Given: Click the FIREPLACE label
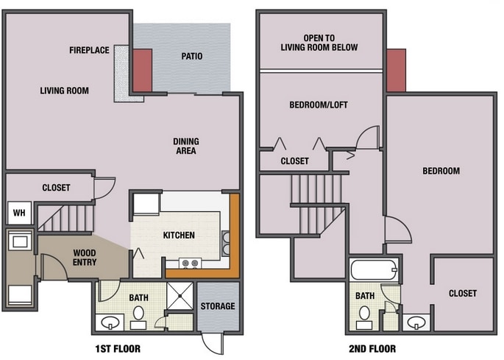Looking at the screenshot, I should (x=89, y=50).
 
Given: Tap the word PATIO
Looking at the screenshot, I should (x=192, y=56).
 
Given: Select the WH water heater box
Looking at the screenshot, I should (x=18, y=213).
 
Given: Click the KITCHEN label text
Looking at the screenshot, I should (x=179, y=236).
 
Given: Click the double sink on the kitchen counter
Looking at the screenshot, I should (x=226, y=242).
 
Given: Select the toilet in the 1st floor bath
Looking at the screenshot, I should (x=138, y=315).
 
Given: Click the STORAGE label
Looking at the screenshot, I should (x=218, y=306).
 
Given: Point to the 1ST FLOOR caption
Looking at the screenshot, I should (x=118, y=349).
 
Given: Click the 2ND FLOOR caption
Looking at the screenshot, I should (x=373, y=349).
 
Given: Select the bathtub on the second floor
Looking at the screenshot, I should (x=375, y=269).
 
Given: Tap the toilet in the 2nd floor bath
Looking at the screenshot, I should (x=363, y=315).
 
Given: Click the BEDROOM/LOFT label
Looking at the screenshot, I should (x=318, y=105).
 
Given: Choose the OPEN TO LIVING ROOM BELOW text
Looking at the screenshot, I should (x=319, y=43).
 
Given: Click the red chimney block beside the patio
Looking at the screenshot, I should (x=142, y=70).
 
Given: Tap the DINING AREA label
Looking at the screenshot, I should (x=186, y=146).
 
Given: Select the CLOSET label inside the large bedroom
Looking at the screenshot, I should (x=463, y=293).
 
